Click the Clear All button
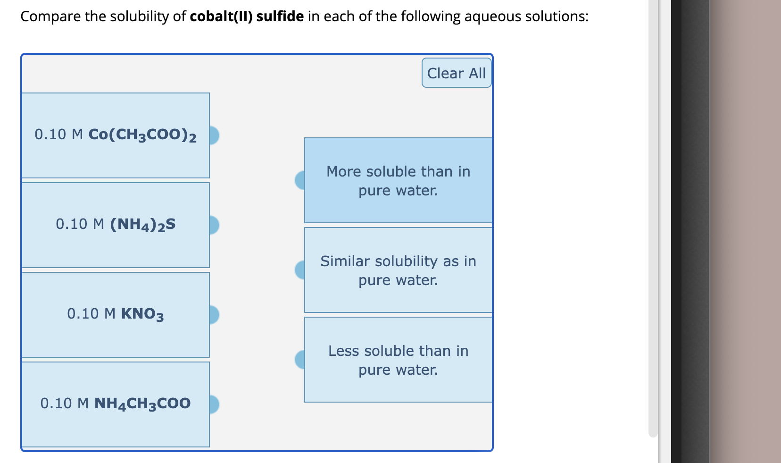tap(456, 73)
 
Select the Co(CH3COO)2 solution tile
tap(116, 135)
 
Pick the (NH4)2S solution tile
tap(116, 225)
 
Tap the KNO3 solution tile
tap(116, 314)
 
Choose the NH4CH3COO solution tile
tap(116, 404)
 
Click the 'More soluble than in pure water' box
tap(399, 180)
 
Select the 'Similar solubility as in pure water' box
tap(399, 270)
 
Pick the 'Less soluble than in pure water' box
tap(399, 360)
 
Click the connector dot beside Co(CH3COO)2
tap(214, 135)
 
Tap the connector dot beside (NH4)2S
tap(214, 225)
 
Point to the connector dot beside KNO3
tap(214, 315)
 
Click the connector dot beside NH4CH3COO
tap(214, 404)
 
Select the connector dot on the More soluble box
tap(300, 180)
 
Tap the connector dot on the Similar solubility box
tap(300, 270)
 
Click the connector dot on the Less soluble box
tap(300, 360)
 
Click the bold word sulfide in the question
tap(280, 17)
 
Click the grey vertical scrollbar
tap(653, 217)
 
